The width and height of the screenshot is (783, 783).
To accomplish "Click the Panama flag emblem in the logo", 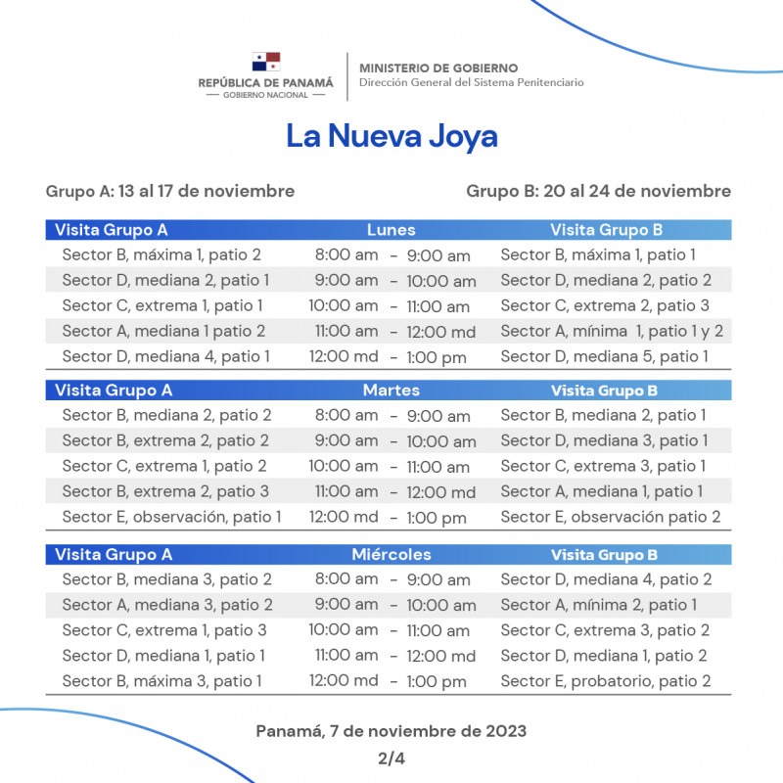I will [265, 63].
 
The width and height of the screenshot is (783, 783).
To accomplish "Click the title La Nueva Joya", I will [391, 136].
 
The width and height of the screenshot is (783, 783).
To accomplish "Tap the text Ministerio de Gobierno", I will [438, 68].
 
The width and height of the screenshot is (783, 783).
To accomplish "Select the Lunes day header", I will [391, 230].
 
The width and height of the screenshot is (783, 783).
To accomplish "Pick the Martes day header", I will [391, 391].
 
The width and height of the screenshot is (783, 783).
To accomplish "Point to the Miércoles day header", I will [391, 555].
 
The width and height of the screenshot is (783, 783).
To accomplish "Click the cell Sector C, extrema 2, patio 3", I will [605, 305].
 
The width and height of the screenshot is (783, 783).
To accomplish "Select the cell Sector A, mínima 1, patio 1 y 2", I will [612, 331].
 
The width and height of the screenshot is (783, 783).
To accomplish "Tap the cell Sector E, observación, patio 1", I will [171, 517].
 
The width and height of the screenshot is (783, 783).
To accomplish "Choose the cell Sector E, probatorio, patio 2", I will [605, 681].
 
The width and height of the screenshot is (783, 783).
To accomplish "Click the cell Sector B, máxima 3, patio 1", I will [161, 681].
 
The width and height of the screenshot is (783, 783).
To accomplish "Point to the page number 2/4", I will [391, 758].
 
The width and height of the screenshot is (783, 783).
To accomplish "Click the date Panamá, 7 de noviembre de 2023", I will [391, 731].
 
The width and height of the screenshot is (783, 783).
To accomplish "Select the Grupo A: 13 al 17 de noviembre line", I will [169, 191].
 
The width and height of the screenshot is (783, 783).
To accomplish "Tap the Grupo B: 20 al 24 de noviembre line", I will [598, 191].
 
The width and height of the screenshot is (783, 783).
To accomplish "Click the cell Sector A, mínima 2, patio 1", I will [598, 605].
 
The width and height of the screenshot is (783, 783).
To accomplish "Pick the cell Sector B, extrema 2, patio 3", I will [165, 491].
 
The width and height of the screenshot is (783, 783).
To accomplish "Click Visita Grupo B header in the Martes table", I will [604, 391].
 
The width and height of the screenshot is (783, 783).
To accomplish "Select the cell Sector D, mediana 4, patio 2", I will [606, 579].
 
